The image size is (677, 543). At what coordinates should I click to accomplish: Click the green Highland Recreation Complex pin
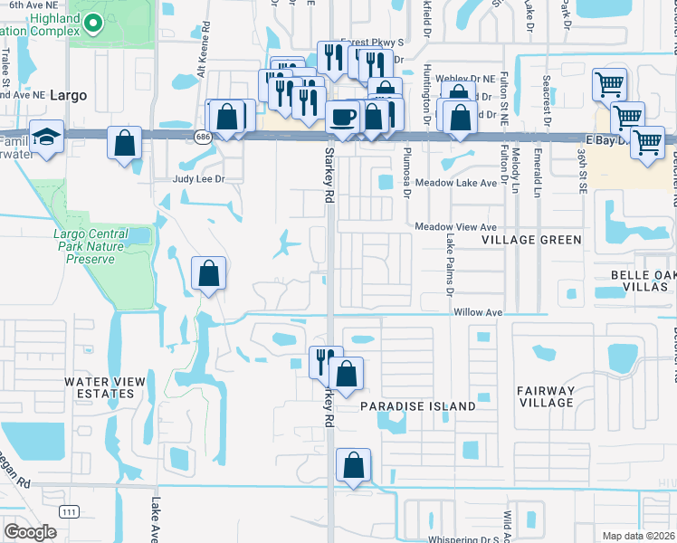pyautogui.click(x=88, y=18)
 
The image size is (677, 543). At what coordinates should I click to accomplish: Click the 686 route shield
pyautogui.click(x=203, y=136)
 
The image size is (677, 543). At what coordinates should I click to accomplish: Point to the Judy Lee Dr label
pyautogui.click(x=197, y=179)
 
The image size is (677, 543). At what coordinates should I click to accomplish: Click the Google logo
pyautogui.click(x=30, y=531)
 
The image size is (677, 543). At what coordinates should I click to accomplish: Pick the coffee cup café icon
pyautogui.click(x=342, y=116)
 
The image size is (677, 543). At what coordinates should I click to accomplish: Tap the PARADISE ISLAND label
pyautogui.click(x=418, y=406)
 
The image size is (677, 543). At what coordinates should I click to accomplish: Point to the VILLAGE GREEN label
pyautogui.click(x=531, y=240)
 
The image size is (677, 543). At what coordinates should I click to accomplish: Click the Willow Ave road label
pyautogui.click(x=478, y=312)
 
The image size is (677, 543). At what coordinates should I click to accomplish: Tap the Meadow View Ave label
pyautogui.click(x=457, y=227)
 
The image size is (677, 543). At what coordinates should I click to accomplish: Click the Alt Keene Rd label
pyautogui.click(x=204, y=55)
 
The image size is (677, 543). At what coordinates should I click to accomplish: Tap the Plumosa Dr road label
pyautogui.click(x=407, y=173)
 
